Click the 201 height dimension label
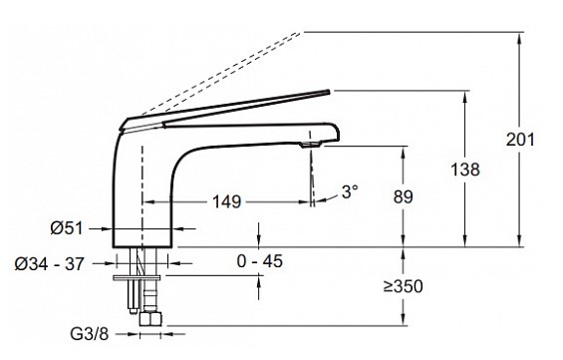pyautogui.click(x=520, y=139)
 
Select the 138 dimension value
pyautogui.click(x=465, y=170)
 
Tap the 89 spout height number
pyautogui.click(x=403, y=196)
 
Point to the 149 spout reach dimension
pyautogui.click(x=227, y=201)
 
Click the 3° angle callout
pyautogui.click(x=350, y=191)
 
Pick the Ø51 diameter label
pyautogui.click(x=67, y=228)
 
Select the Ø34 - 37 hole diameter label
pyautogui.click(x=49, y=264)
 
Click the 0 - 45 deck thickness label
pyautogui.click(x=260, y=261)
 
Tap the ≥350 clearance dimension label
pyautogui.click(x=403, y=286)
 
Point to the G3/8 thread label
pyautogui.click(x=89, y=334)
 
